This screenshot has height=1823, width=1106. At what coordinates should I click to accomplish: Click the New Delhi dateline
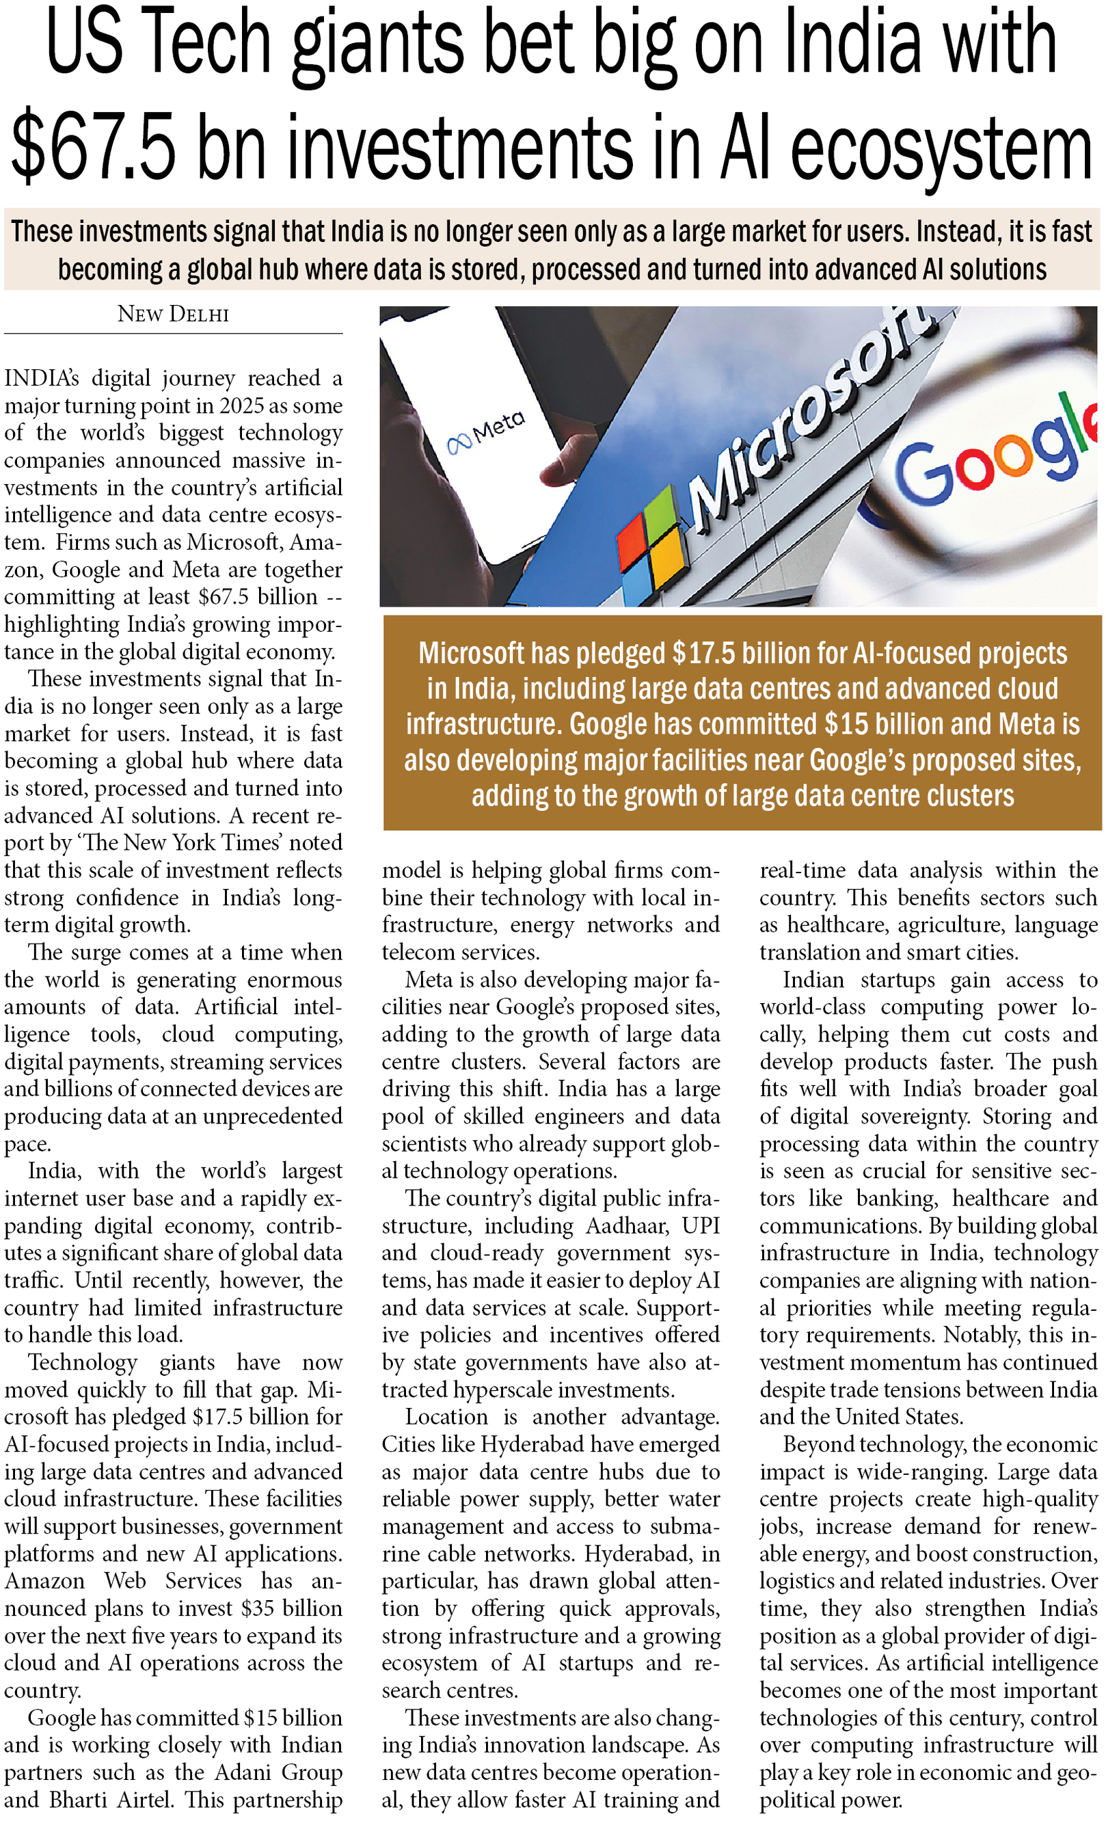tap(173, 315)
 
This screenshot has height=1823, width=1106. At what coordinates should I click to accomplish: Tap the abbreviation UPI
tap(701, 1226)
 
